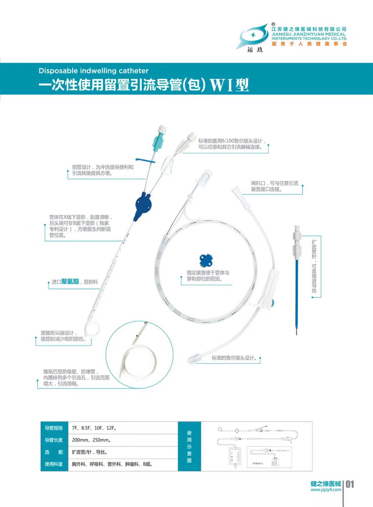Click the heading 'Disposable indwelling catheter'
(94, 71)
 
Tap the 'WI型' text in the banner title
(229, 85)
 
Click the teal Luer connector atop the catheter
(159, 141)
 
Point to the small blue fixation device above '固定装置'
(206, 260)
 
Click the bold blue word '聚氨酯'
(70, 282)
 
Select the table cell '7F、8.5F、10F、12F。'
(94, 428)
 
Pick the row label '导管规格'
(54, 428)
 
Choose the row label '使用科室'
(54, 464)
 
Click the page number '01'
(350, 485)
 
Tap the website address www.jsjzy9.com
(326, 490)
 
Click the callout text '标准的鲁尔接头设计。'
(234, 358)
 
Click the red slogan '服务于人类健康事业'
(309, 44)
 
